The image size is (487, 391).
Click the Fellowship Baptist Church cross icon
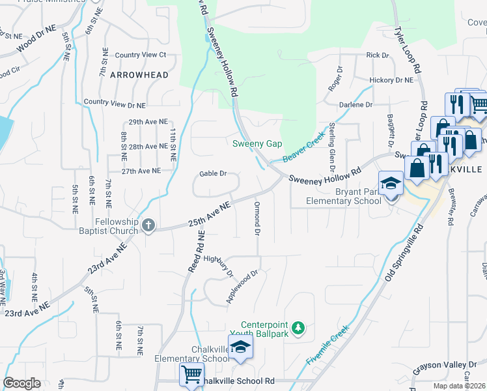click(x=148, y=226)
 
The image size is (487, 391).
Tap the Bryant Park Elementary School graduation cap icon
click(x=391, y=184)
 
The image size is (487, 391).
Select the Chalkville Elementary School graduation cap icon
click(x=240, y=347)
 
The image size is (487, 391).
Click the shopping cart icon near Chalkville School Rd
click(x=191, y=375)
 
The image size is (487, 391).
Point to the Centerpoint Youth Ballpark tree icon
click(x=298, y=327)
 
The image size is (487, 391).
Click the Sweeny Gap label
click(x=258, y=143)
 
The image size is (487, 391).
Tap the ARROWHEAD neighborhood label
click(x=139, y=75)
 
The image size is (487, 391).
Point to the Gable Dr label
click(x=213, y=174)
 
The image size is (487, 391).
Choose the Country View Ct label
click(x=140, y=55)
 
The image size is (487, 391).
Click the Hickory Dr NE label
click(x=391, y=80)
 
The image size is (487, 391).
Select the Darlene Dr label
click(x=355, y=104)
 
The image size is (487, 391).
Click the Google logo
click(x=21, y=383)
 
